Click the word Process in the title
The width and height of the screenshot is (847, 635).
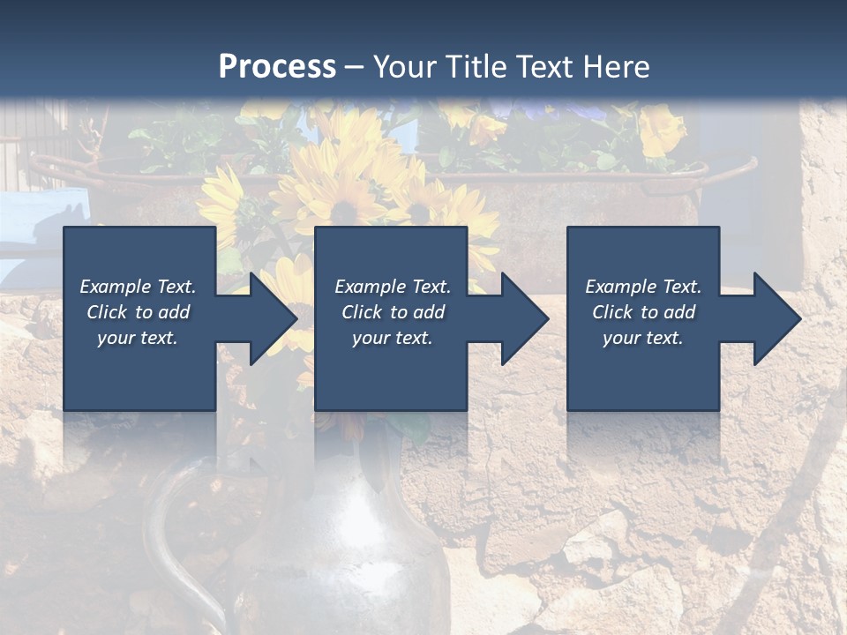[277, 67]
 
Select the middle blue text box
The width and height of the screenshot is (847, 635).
[391, 370]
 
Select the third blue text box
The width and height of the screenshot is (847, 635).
[643, 370]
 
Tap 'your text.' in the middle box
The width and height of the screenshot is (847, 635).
[392, 338]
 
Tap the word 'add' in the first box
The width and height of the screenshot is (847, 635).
[175, 312]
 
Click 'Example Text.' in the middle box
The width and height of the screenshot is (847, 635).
[392, 287]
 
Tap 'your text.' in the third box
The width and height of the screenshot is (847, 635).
[643, 338]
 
